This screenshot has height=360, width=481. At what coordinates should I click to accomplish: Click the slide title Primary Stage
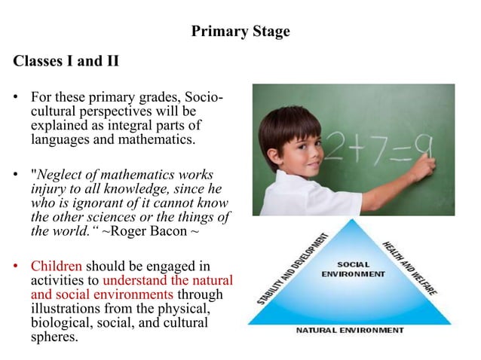pos(240,32)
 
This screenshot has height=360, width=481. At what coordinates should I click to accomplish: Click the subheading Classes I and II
pos(66,61)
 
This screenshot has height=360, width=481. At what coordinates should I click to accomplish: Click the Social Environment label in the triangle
pos(353,269)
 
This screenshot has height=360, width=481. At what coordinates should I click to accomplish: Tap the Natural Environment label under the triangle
pos(354,331)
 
